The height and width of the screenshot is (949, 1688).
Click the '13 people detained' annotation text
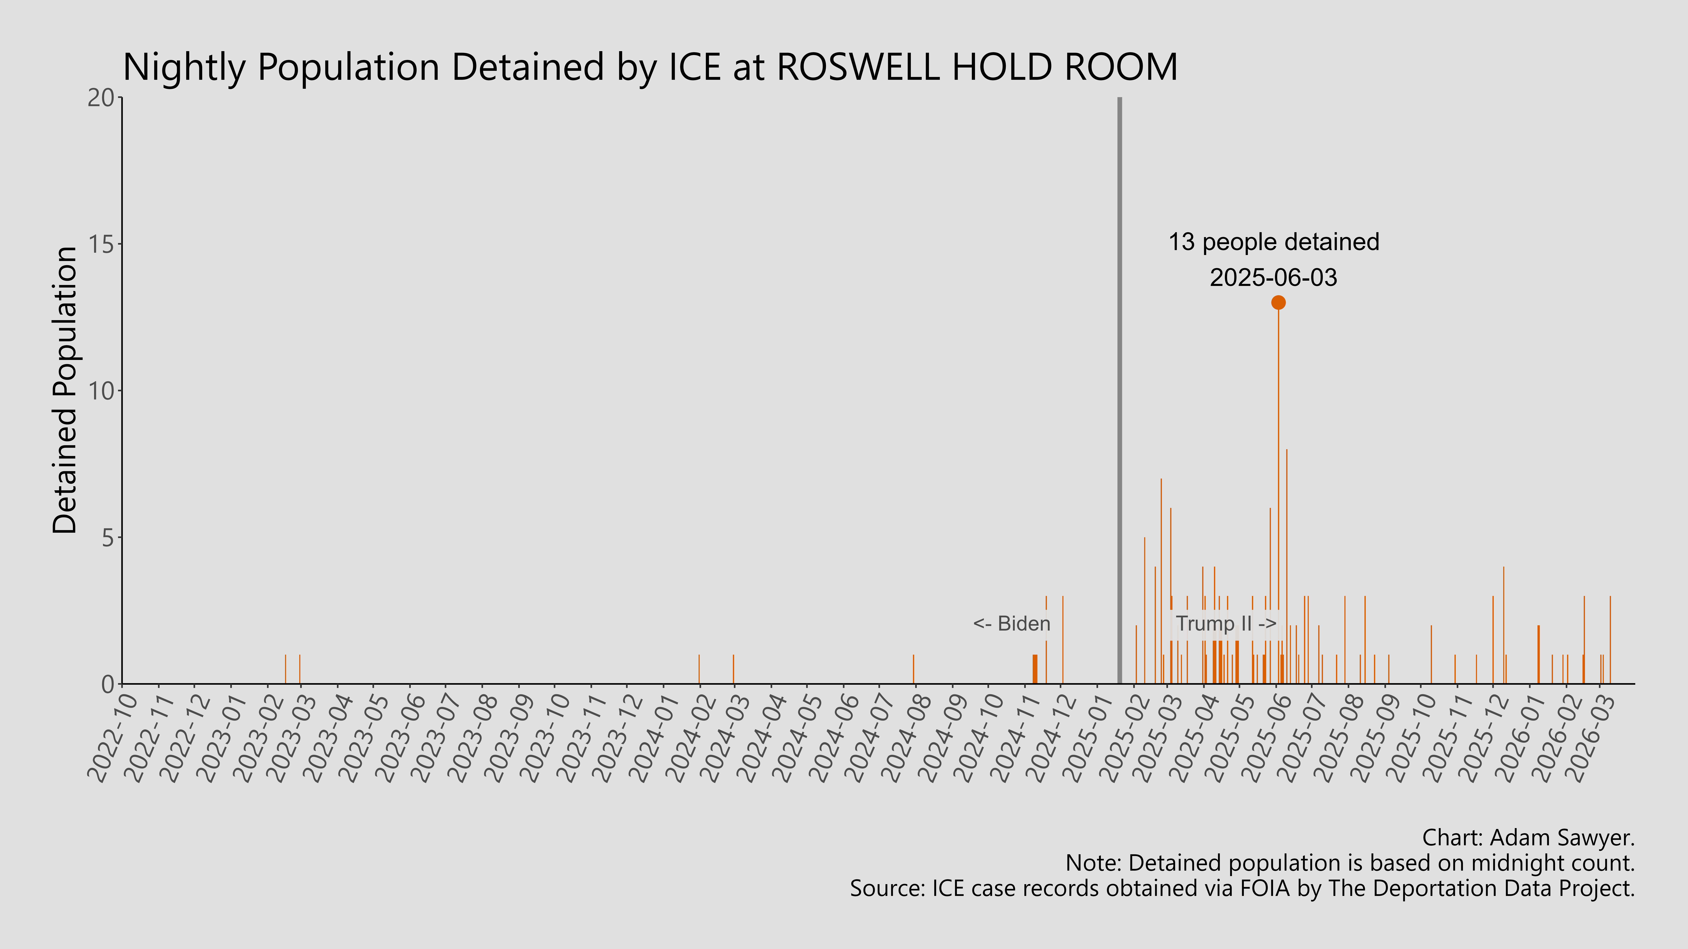(1273, 242)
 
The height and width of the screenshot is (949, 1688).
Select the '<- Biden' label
(1011, 624)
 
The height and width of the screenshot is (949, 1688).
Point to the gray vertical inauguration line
(1119, 393)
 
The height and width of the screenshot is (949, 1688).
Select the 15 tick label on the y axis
(101, 244)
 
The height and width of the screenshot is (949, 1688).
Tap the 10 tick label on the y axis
(101, 391)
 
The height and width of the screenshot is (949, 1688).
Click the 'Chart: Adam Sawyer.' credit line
(1528, 838)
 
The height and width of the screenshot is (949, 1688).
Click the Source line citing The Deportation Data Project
(1242, 888)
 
